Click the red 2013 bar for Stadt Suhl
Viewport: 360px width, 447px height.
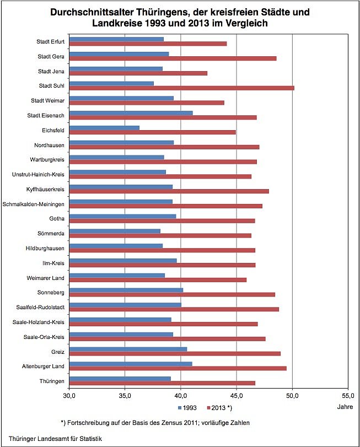182,88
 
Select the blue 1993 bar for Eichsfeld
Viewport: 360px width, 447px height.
105,127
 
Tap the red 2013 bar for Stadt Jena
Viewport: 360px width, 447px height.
138,73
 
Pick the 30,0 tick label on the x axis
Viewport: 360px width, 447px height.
70,395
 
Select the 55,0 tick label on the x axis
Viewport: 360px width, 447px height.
348,395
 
